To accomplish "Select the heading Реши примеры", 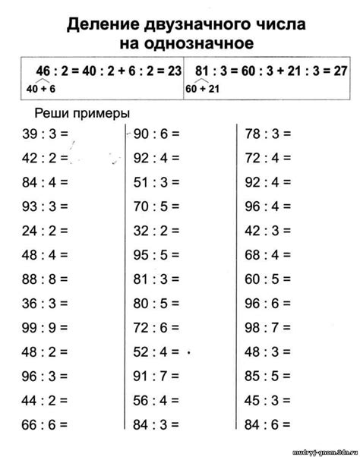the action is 83,112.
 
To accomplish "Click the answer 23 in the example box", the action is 174,71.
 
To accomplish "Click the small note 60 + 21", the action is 201,88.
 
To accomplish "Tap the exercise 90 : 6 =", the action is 156,134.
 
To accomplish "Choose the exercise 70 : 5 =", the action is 156,207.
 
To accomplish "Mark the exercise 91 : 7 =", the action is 156,377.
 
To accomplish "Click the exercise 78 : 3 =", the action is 268,134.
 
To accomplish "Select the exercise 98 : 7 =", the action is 268,329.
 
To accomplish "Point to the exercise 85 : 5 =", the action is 268,377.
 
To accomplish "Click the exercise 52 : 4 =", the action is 156,353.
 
